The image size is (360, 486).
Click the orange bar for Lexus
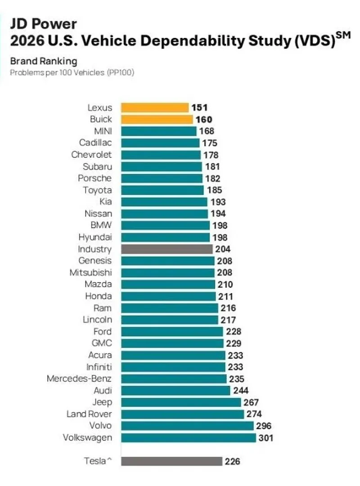[x=154, y=108]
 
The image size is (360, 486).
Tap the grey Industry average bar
[x=166, y=249]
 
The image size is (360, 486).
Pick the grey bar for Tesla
[x=171, y=461]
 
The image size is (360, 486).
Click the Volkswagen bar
[x=188, y=437]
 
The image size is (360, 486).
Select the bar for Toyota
[x=162, y=190]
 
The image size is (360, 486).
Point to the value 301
[x=265, y=437]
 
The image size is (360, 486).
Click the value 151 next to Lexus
[x=198, y=108]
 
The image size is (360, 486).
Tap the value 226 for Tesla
[x=232, y=461]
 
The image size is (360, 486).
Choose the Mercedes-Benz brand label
[x=79, y=378]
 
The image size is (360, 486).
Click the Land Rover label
[x=89, y=414]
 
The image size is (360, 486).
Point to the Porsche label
[x=94, y=178]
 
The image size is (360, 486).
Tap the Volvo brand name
[x=100, y=426]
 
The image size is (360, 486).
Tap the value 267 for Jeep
[x=251, y=402]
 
